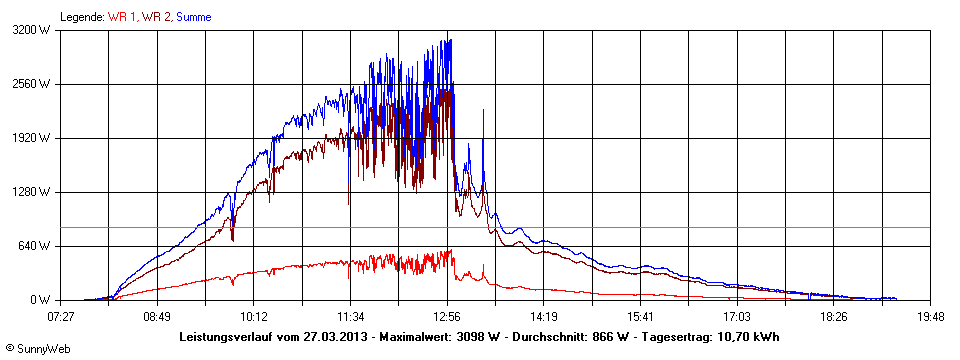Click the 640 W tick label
click(x=37, y=246)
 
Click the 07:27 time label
click(x=60, y=316)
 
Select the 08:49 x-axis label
click(x=157, y=316)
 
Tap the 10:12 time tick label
click(x=254, y=316)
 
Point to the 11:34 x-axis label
click(x=350, y=316)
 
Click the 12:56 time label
click(x=447, y=316)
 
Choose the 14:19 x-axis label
click(x=544, y=316)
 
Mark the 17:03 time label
click(x=737, y=316)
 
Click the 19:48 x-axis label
click(x=930, y=316)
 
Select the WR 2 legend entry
click(x=155, y=17)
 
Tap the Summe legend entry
click(x=195, y=17)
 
